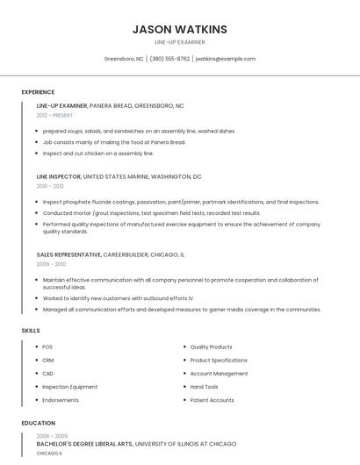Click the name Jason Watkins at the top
click(179, 29)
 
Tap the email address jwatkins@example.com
click(226, 59)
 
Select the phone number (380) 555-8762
click(169, 59)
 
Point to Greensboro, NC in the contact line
click(124, 59)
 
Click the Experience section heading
click(38, 92)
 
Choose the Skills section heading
click(31, 330)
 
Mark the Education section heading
click(39, 423)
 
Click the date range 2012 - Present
click(55, 115)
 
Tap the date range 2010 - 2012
click(50, 186)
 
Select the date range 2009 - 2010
click(51, 263)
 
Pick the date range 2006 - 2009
click(51, 435)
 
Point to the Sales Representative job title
click(69, 254)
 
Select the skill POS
click(47, 347)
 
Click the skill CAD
click(48, 373)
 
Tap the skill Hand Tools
click(204, 386)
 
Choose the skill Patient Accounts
click(212, 400)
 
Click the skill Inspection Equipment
click(70, 386)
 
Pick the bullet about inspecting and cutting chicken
click(98, 153)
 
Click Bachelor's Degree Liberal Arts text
click(84, 444)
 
